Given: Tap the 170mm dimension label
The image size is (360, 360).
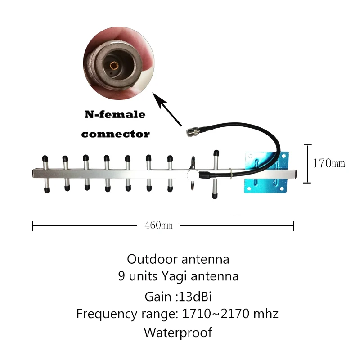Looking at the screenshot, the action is (x=328, y=163).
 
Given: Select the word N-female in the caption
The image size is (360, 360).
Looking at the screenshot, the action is (x=115, y=115).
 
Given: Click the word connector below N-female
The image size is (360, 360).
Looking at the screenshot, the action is (x=115, y=134).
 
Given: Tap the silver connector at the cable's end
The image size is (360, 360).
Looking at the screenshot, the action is (x=193, y=132).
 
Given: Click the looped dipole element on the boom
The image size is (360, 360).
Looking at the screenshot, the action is (x=193, y=173).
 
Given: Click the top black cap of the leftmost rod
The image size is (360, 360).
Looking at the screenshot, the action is (x=45, y=158).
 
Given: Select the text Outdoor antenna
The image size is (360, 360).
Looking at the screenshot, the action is (x=178, y=259).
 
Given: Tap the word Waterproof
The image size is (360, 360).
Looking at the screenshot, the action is (x=178, y=333).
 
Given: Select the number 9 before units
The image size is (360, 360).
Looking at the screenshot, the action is (x=121, y=276).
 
